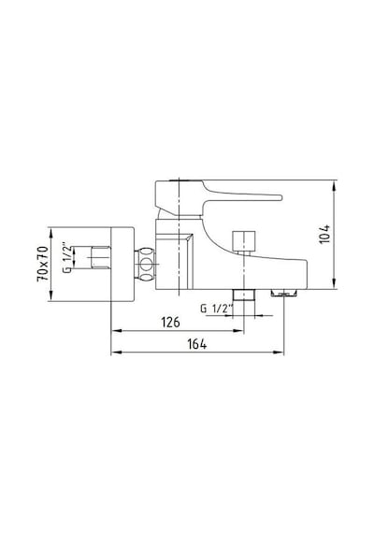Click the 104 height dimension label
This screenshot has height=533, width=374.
(325, 234)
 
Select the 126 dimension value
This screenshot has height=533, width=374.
(170, 323)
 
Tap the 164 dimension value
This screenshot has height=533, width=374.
(197, 344)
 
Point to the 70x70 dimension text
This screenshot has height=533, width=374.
(43, 264)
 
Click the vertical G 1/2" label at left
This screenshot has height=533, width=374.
(66, 257)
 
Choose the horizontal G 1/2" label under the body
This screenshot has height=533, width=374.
(217, 309)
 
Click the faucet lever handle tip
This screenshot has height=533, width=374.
(280, 197)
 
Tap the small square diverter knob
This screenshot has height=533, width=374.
(243, 240)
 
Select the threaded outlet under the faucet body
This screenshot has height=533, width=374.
(244, 295)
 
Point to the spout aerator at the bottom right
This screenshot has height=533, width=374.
(284, 293)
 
